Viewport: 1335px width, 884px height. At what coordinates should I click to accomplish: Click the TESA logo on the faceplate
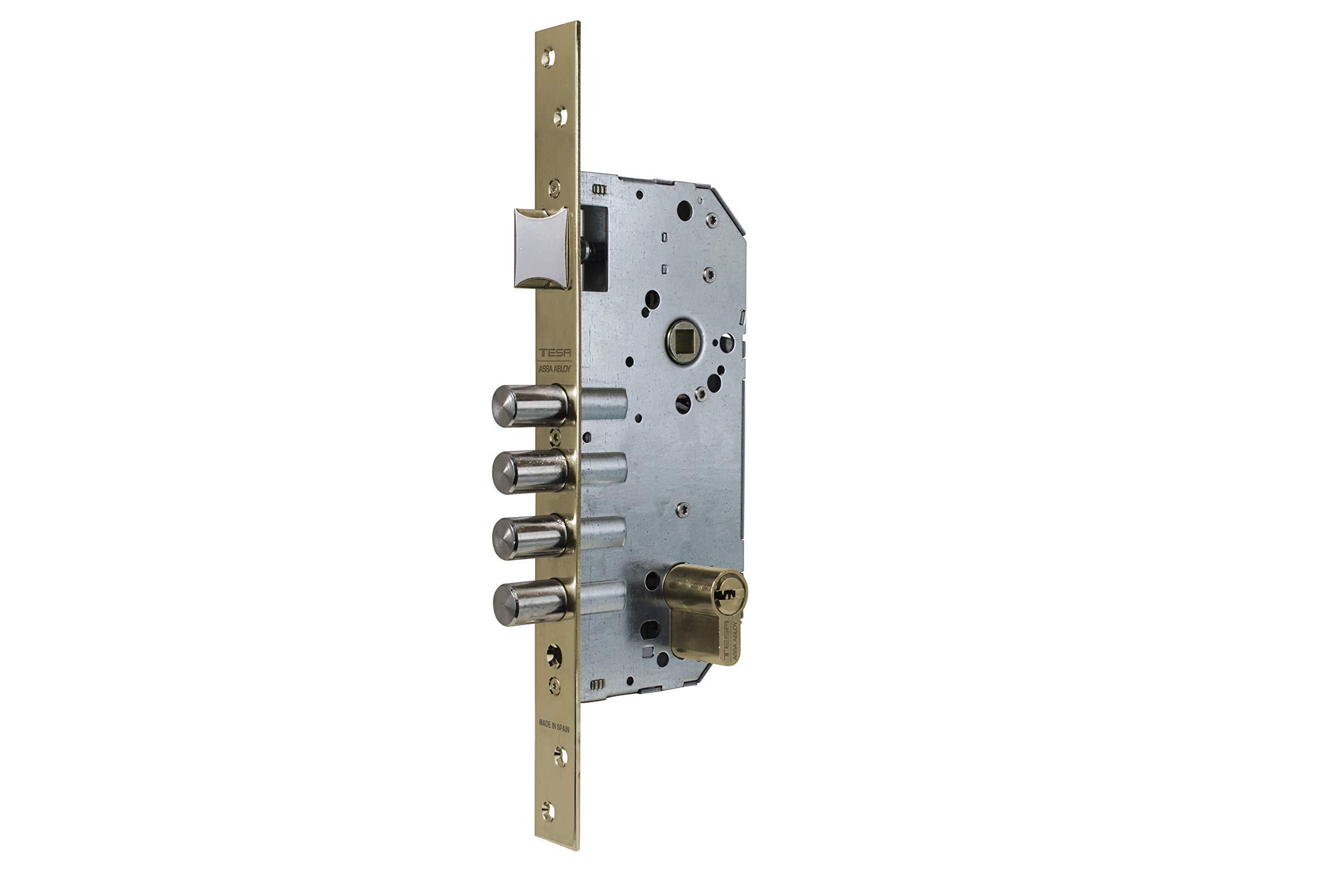(x=554, y=353)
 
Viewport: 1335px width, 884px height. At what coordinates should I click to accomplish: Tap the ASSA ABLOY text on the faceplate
(x=554, y=369)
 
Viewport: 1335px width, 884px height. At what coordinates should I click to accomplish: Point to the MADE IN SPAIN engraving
(x=554, y=726)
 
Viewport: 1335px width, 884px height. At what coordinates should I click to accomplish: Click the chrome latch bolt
(x=541, y=248)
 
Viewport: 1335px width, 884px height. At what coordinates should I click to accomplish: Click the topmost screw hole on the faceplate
(x=548, y=57)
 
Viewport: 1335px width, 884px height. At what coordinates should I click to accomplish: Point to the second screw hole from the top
(x=560, y=117)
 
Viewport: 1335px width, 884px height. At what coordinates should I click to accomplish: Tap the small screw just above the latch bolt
(x=555, y=188)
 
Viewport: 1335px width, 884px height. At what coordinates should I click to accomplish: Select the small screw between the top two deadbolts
(x=555, y=435)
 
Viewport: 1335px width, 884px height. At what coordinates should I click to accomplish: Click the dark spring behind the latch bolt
(x=589, y=251)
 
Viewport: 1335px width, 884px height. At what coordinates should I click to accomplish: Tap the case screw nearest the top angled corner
(x=712, y=220)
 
